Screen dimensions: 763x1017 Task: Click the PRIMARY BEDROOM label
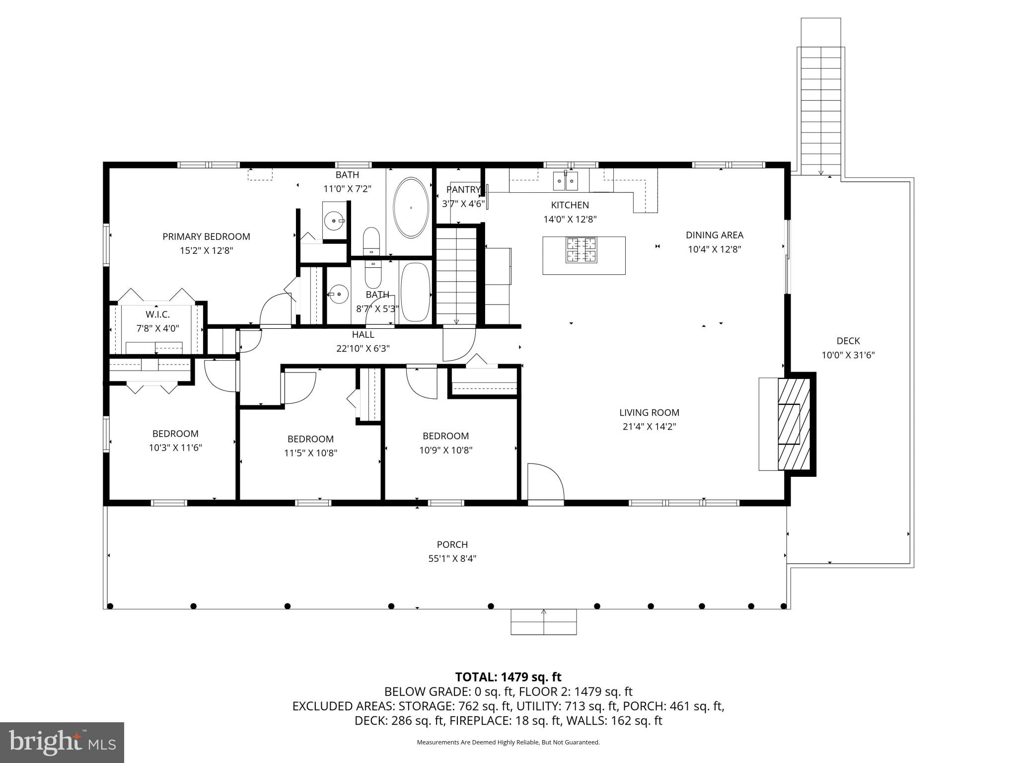click(206, 236)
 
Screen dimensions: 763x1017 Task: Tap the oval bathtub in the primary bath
click(411, 207)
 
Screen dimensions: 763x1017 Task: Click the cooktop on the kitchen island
click(581, 250)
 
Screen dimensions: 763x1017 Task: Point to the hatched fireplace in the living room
click(794, 424)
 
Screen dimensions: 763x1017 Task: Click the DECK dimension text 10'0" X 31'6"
click(848, 355)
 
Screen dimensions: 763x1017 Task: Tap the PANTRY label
click(463, 189)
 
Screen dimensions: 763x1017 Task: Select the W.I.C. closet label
click(157, 314)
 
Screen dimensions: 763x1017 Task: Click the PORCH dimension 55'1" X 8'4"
click(452, 558)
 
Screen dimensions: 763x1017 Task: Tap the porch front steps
click(544, 622)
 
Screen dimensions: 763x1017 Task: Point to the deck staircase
click(820, 109)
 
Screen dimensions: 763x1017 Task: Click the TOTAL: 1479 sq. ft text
click(508, 677)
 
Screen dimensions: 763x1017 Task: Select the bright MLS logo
click(62, 742)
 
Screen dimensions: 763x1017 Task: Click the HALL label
click(363, 334)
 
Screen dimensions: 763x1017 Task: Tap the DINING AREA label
click(714, 235)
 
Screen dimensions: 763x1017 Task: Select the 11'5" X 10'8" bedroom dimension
click(310, 453)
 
